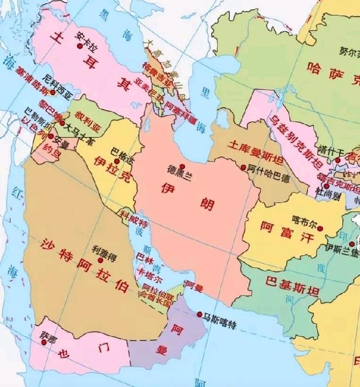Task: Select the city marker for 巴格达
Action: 117,161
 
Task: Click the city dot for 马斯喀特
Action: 200,315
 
